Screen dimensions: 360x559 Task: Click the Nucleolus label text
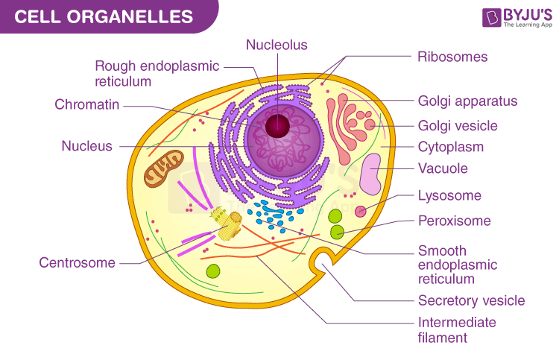(x=277, y=45)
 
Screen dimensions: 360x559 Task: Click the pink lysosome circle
(x=361, y=212)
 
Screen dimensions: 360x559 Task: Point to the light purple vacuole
(x=372, y=180)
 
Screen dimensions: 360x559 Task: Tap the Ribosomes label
(x=452, y=57)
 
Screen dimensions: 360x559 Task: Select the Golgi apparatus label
(x=467, y=101)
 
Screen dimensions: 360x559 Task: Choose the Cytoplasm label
(x=451, y=147)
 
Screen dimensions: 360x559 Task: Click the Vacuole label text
(x=443, y=168)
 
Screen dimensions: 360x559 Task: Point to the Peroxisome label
(x=454, y=221)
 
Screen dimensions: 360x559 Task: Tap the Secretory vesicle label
(x=471, y=301)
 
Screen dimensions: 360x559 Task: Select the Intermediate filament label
(x=456, y=330)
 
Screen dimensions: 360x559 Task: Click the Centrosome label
(x=78, y=262)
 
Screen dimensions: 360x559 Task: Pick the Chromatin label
(x=87, y=104)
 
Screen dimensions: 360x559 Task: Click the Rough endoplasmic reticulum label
(x=157, y=73)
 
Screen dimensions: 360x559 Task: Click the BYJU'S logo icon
(x=470, y=17)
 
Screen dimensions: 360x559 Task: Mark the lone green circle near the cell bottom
(x=213, y=272)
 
